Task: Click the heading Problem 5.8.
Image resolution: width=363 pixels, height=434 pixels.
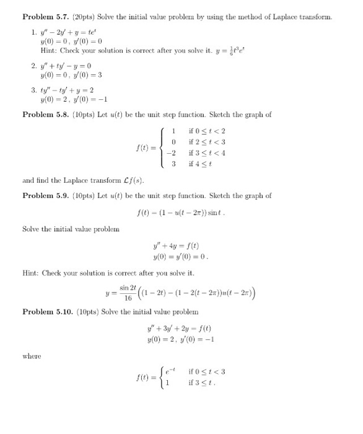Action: coord(43,115)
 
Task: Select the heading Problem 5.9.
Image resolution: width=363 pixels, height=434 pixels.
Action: coord(43,195)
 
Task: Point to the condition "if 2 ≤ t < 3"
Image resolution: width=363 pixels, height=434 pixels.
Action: coord(205,143)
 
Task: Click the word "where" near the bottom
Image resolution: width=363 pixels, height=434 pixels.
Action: coord(32,356)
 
